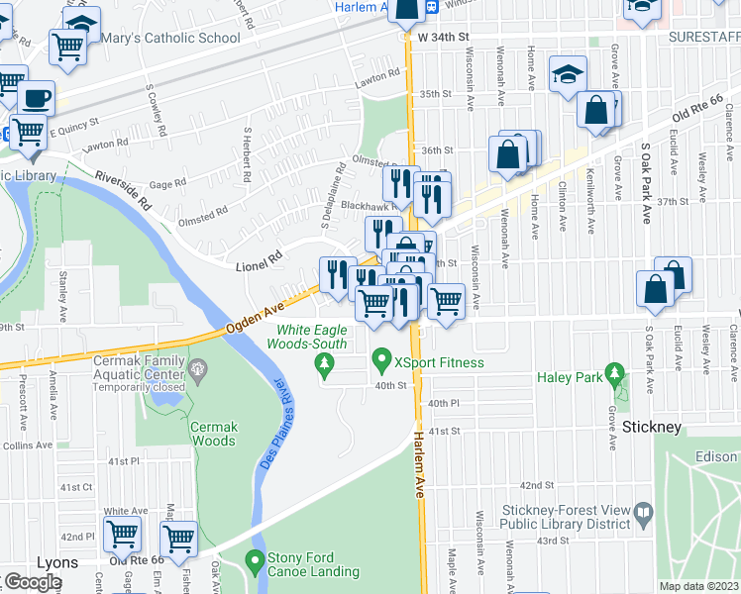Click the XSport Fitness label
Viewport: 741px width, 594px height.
[x=439, y=363]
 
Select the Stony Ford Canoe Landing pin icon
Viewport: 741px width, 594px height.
[x=256, y=559]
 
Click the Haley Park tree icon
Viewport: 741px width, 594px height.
[x=615, y=374]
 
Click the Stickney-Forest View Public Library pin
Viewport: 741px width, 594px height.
[x=644, y=514]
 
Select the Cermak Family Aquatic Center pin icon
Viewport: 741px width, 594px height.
[x=198, y=371]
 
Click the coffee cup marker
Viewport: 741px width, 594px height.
[x=37, y=97]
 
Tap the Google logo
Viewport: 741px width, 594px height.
[x=33, y=582]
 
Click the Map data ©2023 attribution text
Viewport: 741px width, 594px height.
[x=699, y=586]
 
